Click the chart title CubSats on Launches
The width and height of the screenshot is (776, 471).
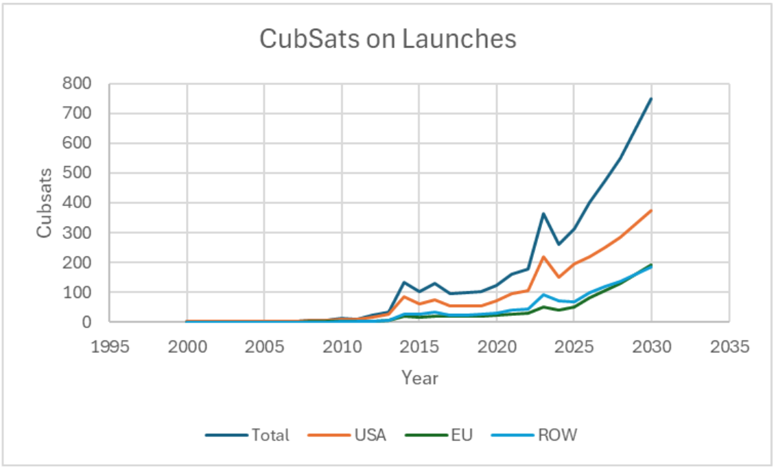click(388, 39)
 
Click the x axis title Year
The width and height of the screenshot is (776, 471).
click(419, 378)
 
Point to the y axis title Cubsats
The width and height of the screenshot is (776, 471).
click(45, 203)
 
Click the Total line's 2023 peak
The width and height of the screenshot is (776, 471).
click(543, 214)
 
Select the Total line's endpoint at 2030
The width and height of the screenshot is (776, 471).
click(651, 98)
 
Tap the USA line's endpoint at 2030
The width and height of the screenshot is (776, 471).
click(651, 210)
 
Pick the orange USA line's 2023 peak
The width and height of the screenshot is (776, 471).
click(543, 257)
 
